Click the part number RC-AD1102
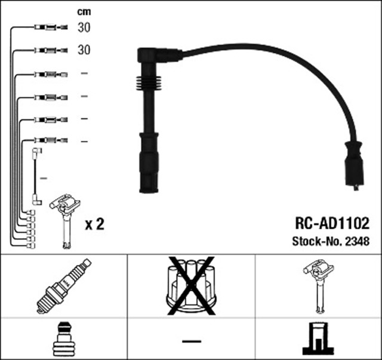pos(332,223)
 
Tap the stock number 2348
pos(358,242)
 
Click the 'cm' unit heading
pos(84,11)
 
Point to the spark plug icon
pos(63,285)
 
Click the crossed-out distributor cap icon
pos(191,285)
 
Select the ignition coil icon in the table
pos(318,285)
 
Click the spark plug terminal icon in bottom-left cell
pos(63,339)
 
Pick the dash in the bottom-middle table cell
pos(191,341)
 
